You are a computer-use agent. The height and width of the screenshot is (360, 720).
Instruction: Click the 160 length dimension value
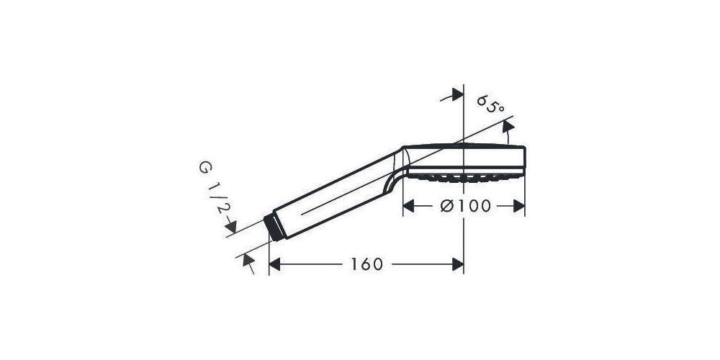366,264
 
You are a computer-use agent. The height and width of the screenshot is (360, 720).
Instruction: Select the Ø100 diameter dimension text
465,206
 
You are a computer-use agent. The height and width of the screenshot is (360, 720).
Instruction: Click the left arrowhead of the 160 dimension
274,264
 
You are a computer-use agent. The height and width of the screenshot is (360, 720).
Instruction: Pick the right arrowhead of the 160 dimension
457,264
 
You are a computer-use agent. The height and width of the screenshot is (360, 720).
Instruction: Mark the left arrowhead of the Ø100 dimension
408,206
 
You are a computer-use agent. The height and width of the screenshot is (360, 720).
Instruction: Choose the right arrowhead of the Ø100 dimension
519,206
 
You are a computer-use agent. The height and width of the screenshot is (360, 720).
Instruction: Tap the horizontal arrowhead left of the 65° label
456,96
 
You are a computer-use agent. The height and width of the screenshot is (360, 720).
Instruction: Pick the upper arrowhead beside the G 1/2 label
230,228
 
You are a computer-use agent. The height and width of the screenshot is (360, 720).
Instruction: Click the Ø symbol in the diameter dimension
446,206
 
